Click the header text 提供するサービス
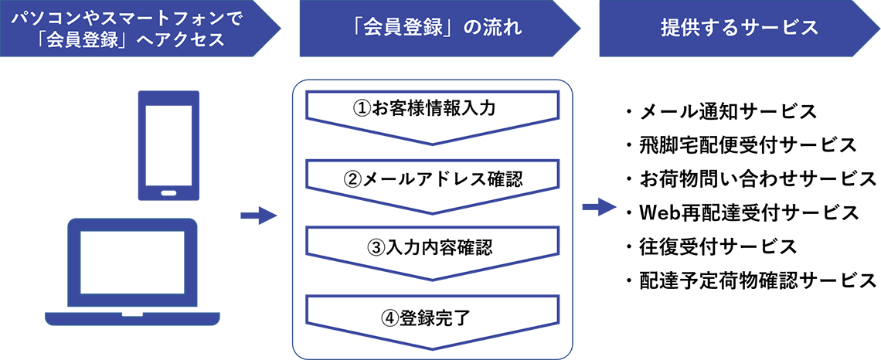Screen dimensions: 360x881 (x=740, y=29)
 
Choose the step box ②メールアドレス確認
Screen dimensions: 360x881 (x=432, y=181)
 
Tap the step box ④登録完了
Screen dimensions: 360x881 (x=432, y=317)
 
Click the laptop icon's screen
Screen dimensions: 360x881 (x=131, y=263)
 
